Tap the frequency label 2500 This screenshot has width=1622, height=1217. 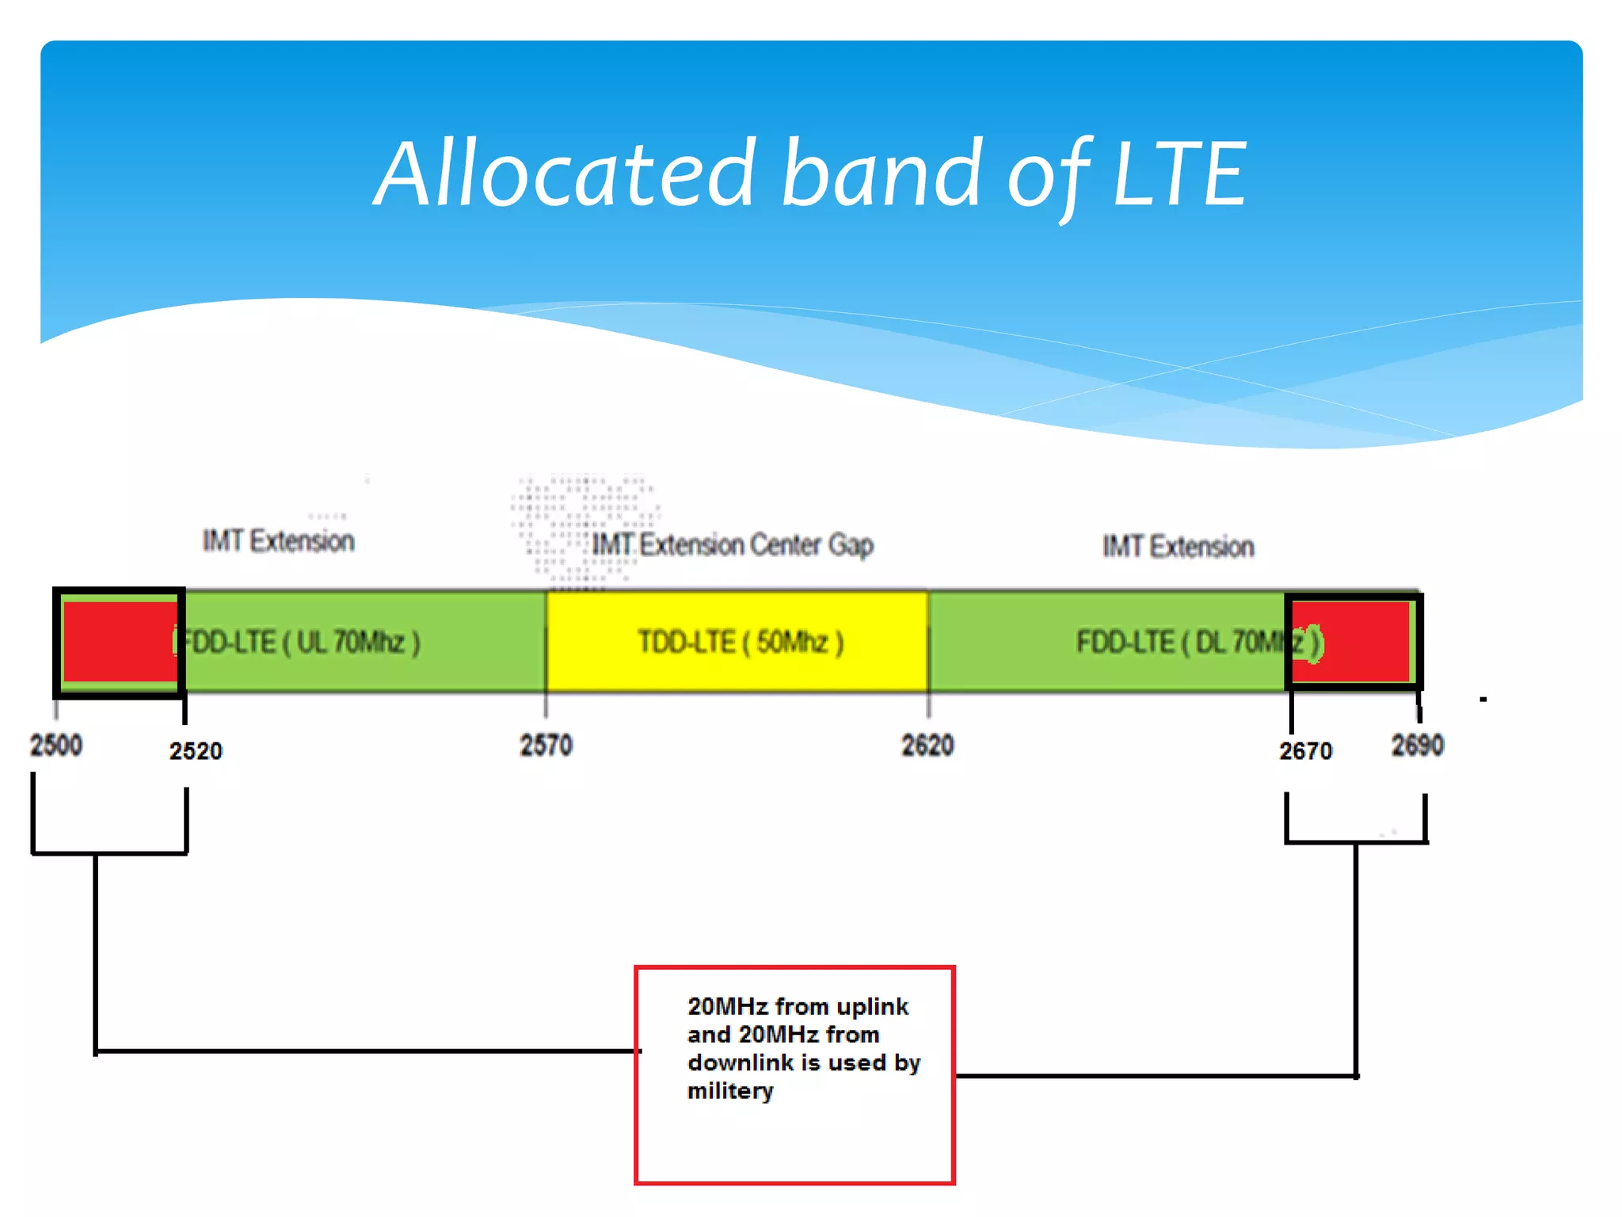pyautogui.click(x=55, y=746)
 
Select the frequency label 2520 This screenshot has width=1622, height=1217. pyautogui.click(x=196, y=751)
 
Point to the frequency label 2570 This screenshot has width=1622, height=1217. pyautogui.click(x=546, y=746)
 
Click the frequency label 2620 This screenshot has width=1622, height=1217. pyautogui.click(x=927, y=746)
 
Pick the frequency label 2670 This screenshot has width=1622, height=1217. pyautogui.click(x=1305, y=751)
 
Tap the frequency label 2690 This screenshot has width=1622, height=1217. pyautogui.click(x=1418, y=746)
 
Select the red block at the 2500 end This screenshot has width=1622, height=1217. pyautogui.click(x=119, y=642)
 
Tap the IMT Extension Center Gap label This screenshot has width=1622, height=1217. pyautogui.click(x=733, y=545)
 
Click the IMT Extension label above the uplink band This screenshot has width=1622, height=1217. pyautogui.click(x=278, y=541)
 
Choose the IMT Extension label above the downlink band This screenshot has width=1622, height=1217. pyautogui.click(x=1178, y=547)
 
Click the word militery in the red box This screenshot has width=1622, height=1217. pyautogui.click(x=729, y=1091)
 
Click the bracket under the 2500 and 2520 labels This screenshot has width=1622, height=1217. pyautogui.click(x=109, y=853)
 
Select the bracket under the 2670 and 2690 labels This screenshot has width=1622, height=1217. pyautogui.click(x=1356, y=841)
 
